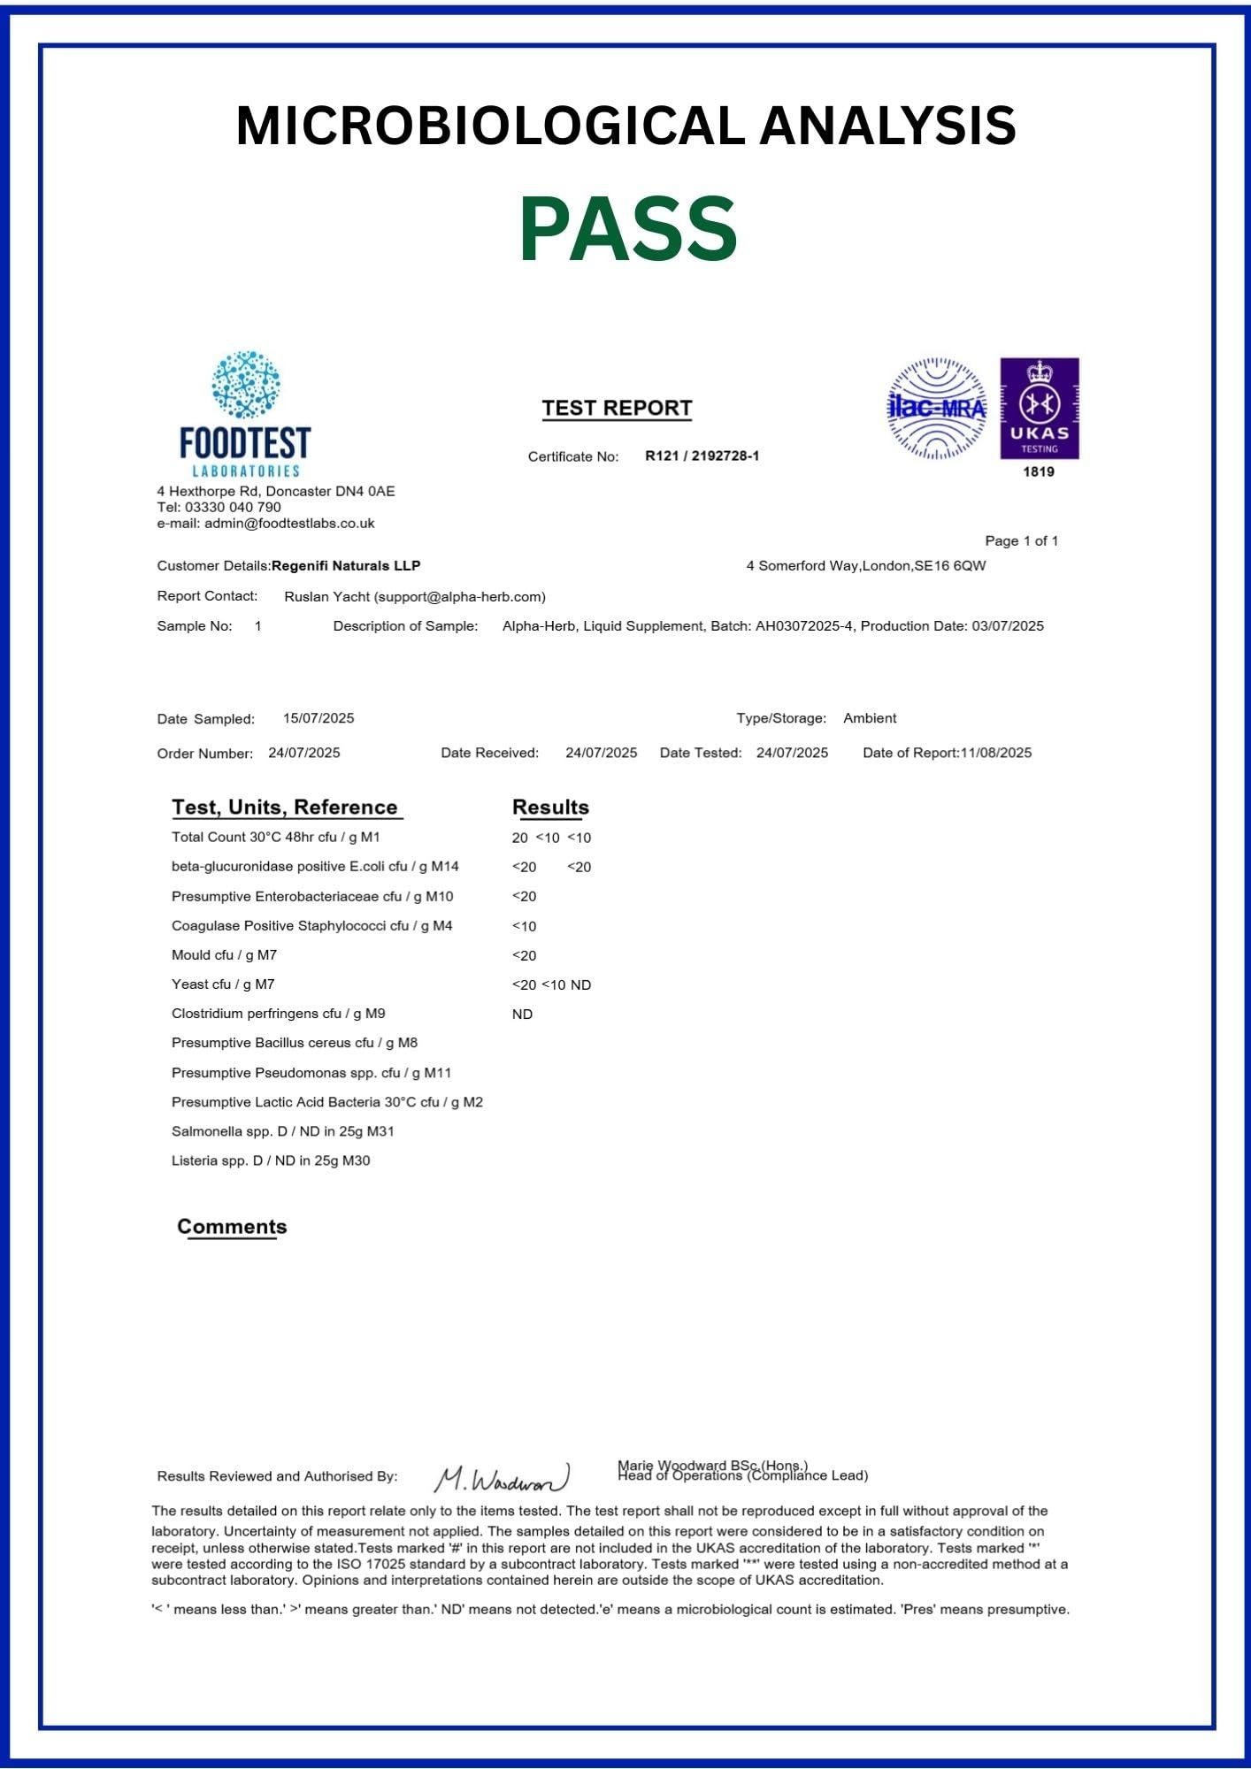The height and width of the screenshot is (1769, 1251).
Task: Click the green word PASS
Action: (627, 229)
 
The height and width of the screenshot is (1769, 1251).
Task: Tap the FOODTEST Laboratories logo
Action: (245, 414)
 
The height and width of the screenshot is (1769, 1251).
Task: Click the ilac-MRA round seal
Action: (936, 408)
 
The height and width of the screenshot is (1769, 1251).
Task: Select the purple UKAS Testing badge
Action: (1040, 408)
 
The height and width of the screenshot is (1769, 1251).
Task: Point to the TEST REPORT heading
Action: (617, 408)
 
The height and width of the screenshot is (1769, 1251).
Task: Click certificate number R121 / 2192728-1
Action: (702, 456)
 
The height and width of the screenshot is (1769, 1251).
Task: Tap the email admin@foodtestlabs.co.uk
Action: (289, 523)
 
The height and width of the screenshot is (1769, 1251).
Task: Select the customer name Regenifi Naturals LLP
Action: (346, 565)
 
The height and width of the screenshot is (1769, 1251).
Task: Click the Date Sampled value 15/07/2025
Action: (319, 718)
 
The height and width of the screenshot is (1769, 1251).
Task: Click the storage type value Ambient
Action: (870, 718)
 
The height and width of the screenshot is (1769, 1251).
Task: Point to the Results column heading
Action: (550, 807)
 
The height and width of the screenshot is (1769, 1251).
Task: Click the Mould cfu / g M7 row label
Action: (224, 955)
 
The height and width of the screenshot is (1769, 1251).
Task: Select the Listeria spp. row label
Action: (271, 1160)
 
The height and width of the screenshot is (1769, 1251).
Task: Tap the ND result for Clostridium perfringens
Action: (522, 1015)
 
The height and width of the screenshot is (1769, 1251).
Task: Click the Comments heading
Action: (232, 1227)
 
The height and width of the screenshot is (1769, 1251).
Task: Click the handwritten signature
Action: (502, 1478)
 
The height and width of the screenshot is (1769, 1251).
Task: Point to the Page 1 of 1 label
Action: (1021, 540)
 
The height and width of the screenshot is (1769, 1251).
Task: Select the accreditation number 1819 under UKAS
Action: (1039, 471)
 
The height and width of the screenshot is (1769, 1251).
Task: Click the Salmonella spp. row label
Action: (282, 1131)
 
